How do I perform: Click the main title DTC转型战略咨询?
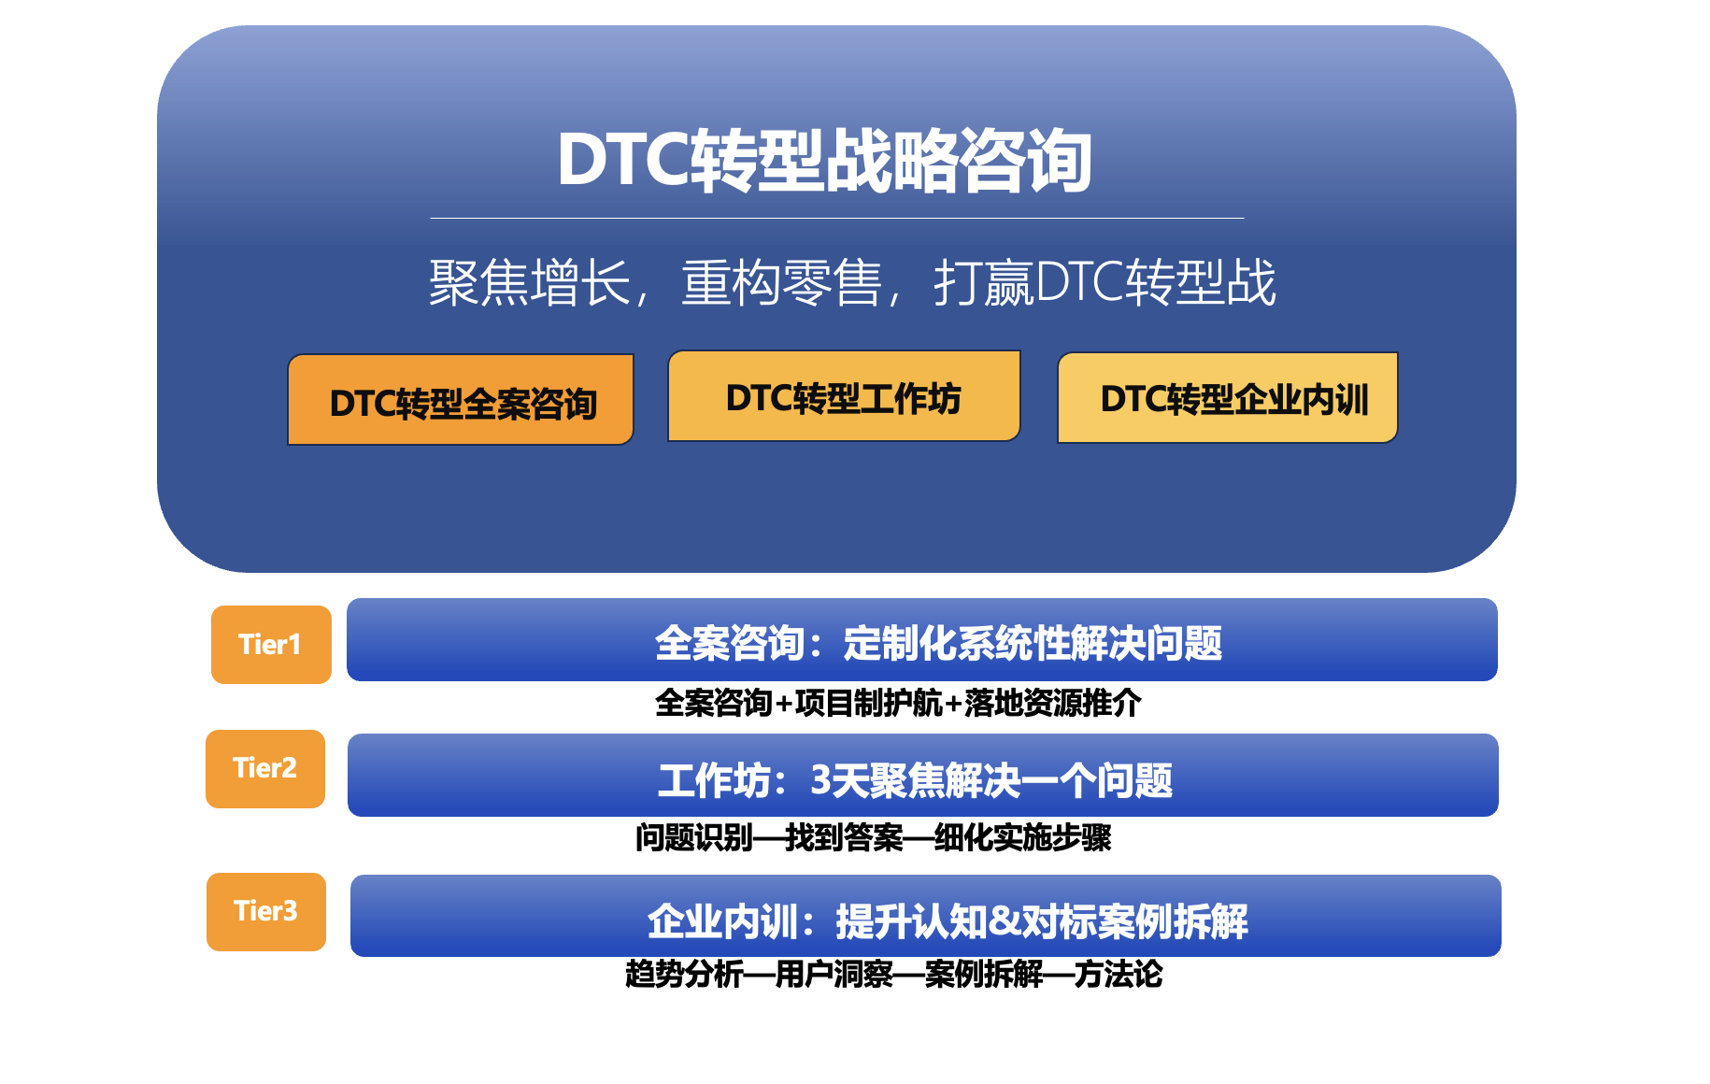tap(824, 161)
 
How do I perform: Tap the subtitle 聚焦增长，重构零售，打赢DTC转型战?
tap(852, 282)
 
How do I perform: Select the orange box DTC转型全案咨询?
tap(461, 400)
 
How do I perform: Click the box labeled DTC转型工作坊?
tap(844, 396)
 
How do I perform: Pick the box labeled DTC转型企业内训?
tap(1227, 398)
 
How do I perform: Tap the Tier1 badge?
tap(271, 645)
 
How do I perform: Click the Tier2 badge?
tap(265, 769)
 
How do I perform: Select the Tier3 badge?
tap(266, 912)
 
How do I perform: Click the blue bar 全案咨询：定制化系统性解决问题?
tap(922, 640)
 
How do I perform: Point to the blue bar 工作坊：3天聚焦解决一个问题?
tap(923, 776)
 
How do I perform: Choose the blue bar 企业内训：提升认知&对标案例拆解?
tap(926, 916)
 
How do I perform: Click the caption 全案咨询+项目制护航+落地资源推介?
tap(898, 703)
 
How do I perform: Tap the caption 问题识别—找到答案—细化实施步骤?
tap(874, 837)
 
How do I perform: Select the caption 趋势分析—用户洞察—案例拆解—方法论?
tap(894, 975)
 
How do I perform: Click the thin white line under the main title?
tap(837, 219)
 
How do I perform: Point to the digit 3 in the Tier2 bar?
tap(820, 780)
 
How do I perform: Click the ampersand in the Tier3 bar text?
tap(1004, 921)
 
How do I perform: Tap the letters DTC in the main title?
tap(623, 161)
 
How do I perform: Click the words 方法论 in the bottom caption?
tap(1119, 975)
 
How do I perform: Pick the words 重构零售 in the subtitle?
tap(782, 282)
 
